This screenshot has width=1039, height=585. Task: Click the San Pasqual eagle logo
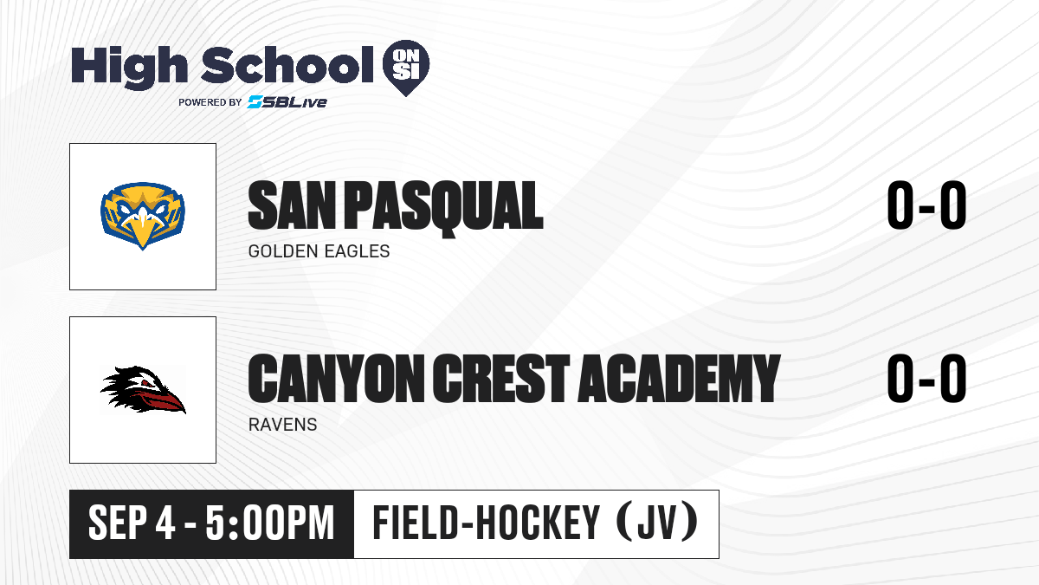click(x=143, y=216)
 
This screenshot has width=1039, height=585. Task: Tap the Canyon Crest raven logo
click(x=143, y=390)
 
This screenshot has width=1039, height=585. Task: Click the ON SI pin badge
click(x=406, y=68)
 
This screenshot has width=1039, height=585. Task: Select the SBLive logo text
click(x=287, y=101)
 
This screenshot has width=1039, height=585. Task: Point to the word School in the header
click(x=287, y=64)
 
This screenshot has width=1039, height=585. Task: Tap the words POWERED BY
click(x=210, y=102)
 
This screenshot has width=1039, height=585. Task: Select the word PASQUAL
click(x=444, y=208)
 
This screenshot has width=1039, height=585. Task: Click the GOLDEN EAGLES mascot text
click(x=319, y=251)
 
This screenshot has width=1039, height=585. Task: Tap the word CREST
click(x=501, y=379)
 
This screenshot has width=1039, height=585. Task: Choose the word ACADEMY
click(x=679, y=379)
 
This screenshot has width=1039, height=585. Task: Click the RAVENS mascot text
click(x=282, y=425)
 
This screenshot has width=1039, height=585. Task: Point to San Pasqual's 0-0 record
click(x=926, y=205)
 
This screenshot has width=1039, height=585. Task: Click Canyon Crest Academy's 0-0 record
click(x=926, y=379)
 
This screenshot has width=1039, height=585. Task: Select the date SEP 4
click(x=132, y=523)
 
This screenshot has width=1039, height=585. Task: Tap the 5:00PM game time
click(x=270, y=523)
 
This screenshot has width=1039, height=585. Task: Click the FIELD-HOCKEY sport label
click(x=486, y=523)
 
